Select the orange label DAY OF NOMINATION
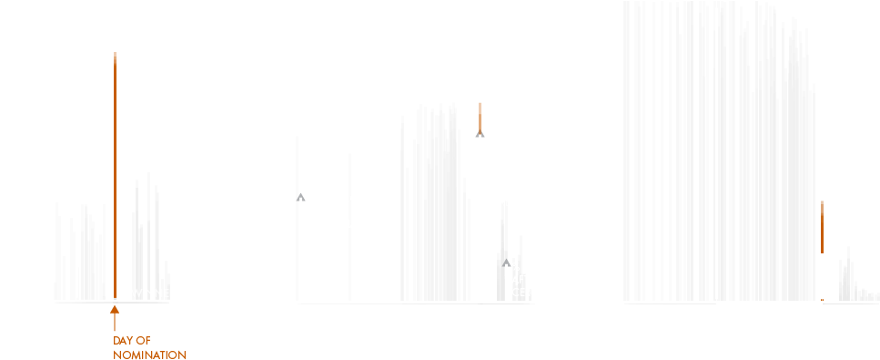(149, 347)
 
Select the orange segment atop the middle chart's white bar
(480, 116)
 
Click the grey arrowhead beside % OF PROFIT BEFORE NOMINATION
(301, 196)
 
